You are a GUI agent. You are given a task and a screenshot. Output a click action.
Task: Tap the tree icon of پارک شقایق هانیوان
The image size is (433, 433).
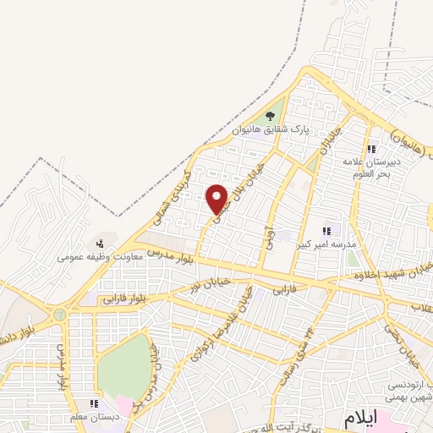pyautogui.click(x=271, y=116)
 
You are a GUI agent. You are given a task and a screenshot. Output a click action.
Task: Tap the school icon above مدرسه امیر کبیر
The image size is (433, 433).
pyautogui.click(x=326, y=230)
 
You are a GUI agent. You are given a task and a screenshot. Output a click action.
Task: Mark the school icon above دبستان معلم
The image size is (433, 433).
pyautogui.click(x=94, y=404)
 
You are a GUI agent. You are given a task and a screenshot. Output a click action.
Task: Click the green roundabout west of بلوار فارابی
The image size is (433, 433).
pyautogui.click(x=59, y=314)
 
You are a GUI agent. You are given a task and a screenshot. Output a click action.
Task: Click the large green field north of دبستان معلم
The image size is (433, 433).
pyautogui.click(x=124, y=364)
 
